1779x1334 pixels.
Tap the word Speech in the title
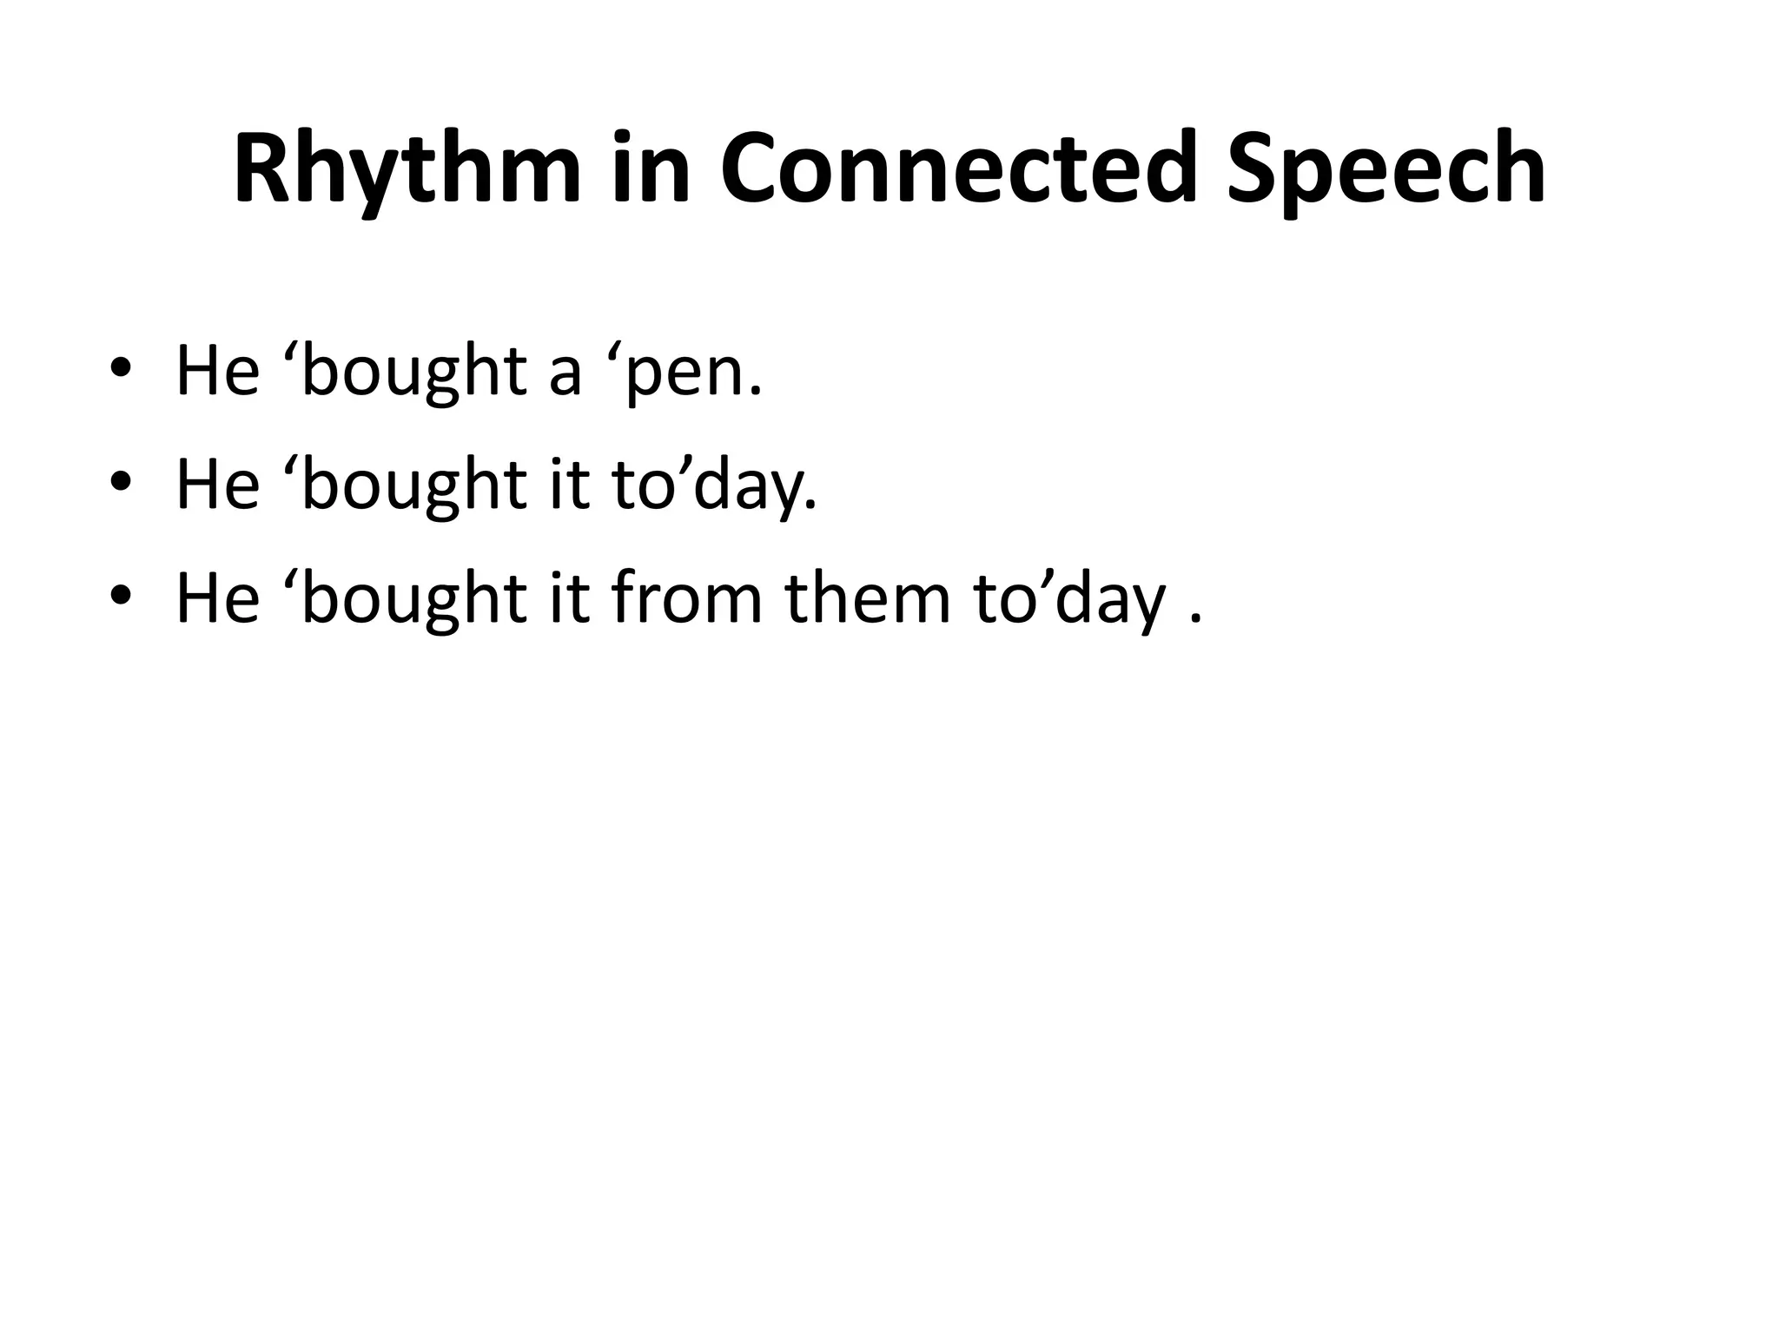pyautogui.click(x=1386, y=170)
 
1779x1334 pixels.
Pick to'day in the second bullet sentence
pyautogui.click(x=712, y=486)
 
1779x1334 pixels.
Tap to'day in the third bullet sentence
pyautogui.click(x=1068, y=601)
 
